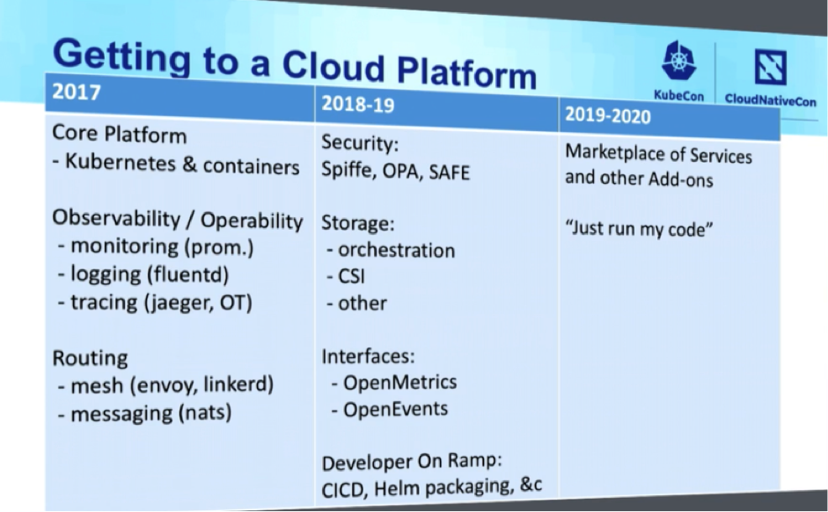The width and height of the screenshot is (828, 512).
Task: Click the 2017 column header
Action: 77,91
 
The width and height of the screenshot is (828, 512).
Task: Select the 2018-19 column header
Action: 358,104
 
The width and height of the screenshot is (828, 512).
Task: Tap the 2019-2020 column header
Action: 608,115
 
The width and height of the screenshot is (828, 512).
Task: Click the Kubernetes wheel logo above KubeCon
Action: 678,62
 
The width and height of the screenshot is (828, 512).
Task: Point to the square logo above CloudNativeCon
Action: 771,67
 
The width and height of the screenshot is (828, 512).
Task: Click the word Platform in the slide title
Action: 467,73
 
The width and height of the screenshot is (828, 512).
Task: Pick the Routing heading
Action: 90,358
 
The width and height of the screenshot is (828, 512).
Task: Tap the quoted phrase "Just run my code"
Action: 639,228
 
